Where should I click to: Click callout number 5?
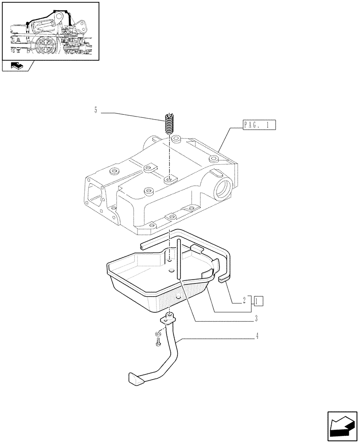(x=96, y=110)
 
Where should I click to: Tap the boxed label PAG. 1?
(x=259, y=125)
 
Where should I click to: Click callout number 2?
(x=244, y=301)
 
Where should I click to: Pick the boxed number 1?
(x=258, y=301)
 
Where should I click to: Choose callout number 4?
(x=257, y=336)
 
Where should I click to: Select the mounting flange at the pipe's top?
(x=168, y=319)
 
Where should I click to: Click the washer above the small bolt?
(x=157, y=334)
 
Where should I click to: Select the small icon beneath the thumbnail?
(x=16, y=66)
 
